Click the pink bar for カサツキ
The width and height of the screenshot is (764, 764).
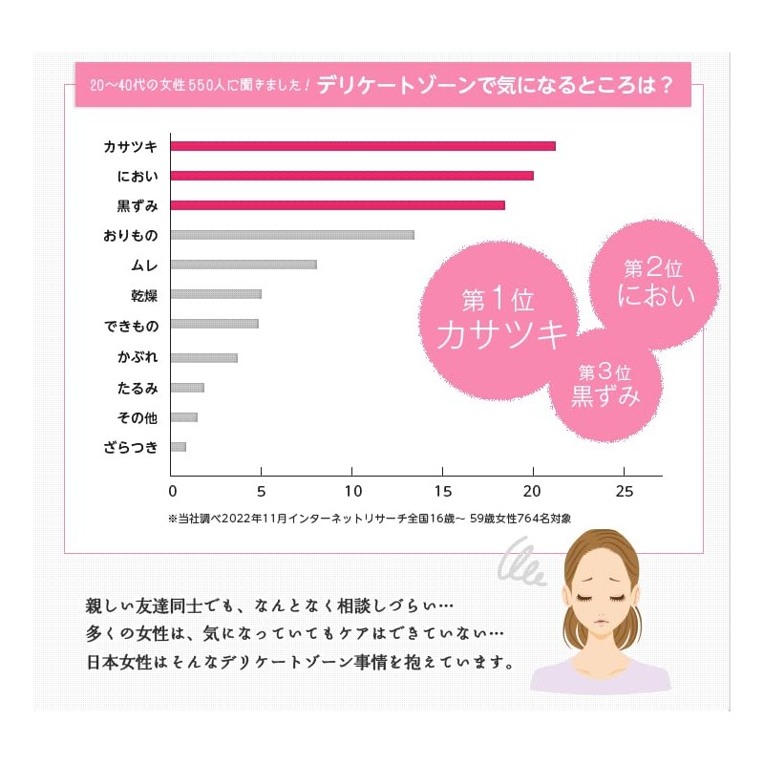pos(363,146)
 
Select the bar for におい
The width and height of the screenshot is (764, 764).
pos(352,176)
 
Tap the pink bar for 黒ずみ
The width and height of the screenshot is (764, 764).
pos(338,205)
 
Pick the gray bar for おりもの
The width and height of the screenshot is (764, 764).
pos(292,235)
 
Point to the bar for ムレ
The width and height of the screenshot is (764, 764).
pos(244,265)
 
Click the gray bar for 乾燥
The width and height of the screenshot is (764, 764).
pos(216,294)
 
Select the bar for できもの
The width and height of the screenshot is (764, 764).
pos(214,324)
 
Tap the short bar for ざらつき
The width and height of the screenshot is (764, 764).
pos(179,447)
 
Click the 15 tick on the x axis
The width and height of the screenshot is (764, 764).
pos(443,492)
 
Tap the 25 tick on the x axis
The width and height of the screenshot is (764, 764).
pos(624,492)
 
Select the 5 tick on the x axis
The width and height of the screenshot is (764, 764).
pos(263,492)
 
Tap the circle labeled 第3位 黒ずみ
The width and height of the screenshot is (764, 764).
pos(605,382)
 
